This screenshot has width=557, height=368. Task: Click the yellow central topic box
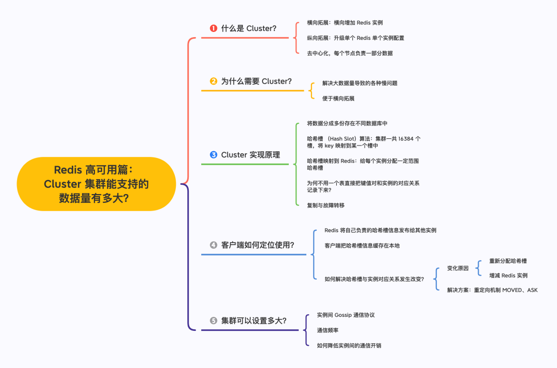coord(96,184)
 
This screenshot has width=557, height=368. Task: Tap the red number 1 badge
coord(214,28)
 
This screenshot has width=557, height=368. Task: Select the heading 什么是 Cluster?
coord(249,28)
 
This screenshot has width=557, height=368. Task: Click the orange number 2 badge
coord(214,81)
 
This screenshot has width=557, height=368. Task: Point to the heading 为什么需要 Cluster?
coord(256,81)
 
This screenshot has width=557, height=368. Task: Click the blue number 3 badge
coord(214,154)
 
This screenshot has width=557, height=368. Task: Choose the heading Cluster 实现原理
coord(251,154)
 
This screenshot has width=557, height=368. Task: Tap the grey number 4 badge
coord(214,245)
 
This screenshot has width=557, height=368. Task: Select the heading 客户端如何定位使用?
coord(258,245)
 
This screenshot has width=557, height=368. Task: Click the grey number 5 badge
coord(214,321)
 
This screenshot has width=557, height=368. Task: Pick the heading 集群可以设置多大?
coord(254,321)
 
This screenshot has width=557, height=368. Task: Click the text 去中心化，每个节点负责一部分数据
coord(350,53)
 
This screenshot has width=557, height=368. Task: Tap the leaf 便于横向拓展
coord(338,98)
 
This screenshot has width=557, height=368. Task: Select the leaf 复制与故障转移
coord(325,205)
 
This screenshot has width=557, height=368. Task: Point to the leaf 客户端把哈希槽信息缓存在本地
coord(362,246)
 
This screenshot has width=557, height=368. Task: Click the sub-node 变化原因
coord(457,268)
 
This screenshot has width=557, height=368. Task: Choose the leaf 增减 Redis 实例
coord(508,276)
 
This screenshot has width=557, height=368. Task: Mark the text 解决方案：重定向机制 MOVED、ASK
coord(492,290)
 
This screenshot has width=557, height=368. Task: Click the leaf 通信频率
coord(327,330)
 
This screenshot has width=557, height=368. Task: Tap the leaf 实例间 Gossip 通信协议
coord(346,315)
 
